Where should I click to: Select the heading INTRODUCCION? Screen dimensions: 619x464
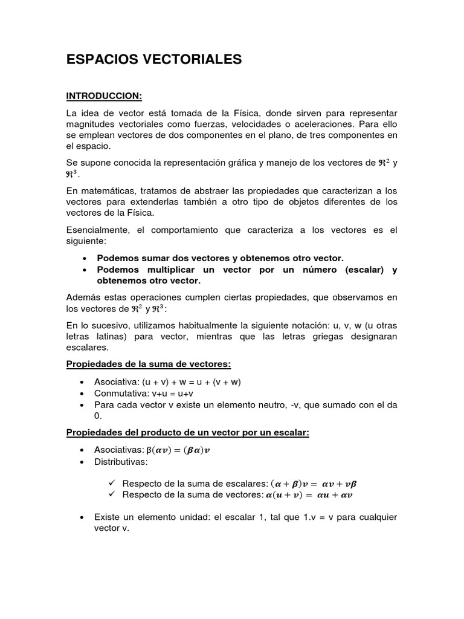104,96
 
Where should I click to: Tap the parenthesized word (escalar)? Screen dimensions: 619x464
364,270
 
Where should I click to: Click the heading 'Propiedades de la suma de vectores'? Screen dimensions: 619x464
149,365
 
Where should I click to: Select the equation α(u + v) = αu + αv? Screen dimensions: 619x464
309,495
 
